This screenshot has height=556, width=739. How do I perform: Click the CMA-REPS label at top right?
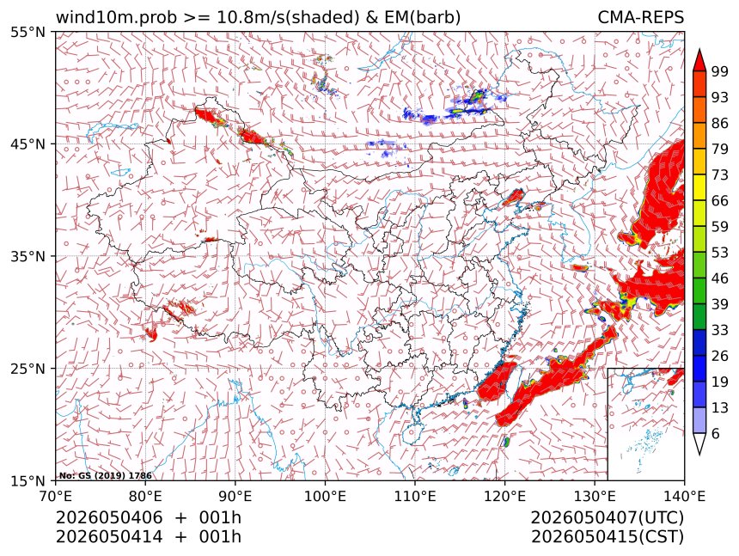pyautogui.click(x=640, y=17)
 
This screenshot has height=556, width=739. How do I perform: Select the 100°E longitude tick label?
pyautogui.click(x=325, y=496)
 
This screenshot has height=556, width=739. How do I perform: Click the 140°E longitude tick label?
pyautogui.click(x=684, y=496)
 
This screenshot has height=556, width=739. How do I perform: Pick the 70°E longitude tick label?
pyautogui.click(x=56, y=496)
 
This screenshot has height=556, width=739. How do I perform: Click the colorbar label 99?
pyautogui.click(x=720, y=71)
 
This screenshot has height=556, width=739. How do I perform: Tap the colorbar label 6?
pyautogui.click(x=716, y=433)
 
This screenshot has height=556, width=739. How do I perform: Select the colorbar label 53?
pyautogui.click(x=720, y=253)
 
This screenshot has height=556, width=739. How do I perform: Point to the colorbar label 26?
pyautogui.click(x=720, y=356)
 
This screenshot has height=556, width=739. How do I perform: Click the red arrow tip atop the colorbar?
pyautogui.click(x=699, y=49)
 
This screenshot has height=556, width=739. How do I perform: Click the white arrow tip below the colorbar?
pyautogui.click(x=699, y=455)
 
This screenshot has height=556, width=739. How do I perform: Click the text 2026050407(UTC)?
pyautogui.click(x=607, y=517)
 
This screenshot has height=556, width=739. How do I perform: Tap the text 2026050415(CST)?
pyautogui.click(x=607, y=537)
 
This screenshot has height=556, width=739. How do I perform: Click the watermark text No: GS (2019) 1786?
pyautogui.click(x=105, y=476)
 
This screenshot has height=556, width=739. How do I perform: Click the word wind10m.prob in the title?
pyautogui.click(x=116, y=18)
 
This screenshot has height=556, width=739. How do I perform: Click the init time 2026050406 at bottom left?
pyautogui.click(x=109, y=517)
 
